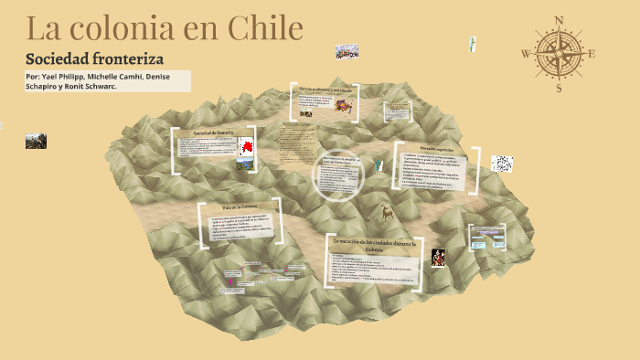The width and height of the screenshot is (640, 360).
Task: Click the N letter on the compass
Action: (559, 20)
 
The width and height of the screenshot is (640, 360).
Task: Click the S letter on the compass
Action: (559, 89)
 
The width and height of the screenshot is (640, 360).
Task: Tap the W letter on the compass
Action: (526, 54)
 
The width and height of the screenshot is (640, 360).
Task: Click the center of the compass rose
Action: (559, 54)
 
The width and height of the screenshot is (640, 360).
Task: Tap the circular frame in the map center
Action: (339, 175)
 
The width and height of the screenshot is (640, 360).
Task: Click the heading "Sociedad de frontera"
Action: (210, 133)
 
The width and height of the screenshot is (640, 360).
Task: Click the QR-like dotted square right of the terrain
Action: (502, 164)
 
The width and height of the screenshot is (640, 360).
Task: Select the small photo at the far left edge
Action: (36, 141)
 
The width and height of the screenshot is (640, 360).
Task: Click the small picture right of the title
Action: (347, 51)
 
